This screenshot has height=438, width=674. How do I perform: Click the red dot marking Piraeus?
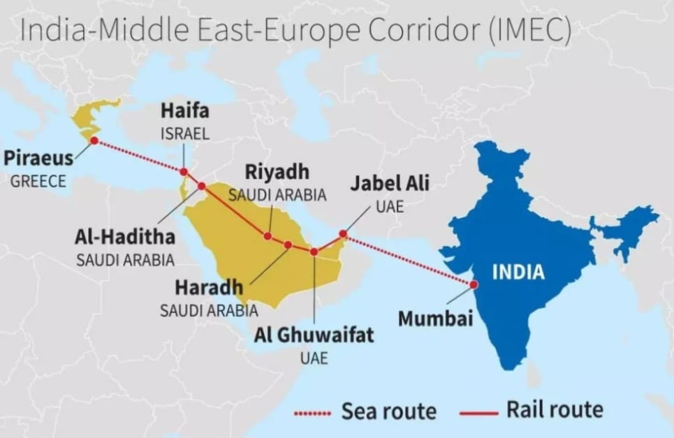[94, 140]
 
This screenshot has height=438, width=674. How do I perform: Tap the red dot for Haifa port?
[184, 172]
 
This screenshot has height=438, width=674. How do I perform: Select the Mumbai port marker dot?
[474, 284]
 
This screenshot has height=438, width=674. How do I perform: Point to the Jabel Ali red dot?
[343, 234]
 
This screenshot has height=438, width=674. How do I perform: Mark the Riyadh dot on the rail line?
[268, 236]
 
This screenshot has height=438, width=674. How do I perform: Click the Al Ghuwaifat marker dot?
[314, 251]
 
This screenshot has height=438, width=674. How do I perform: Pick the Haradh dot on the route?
[288, 244]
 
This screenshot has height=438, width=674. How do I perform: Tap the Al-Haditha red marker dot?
[202, 186]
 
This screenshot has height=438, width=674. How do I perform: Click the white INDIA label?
[518, 272]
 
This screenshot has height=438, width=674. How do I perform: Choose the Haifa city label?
[184, 111]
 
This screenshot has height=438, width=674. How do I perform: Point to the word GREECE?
[38, 182]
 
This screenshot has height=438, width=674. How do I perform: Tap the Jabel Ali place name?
[390, 184]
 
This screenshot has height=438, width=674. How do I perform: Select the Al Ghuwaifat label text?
[314, 335]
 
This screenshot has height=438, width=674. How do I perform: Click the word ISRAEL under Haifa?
[184, 134]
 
